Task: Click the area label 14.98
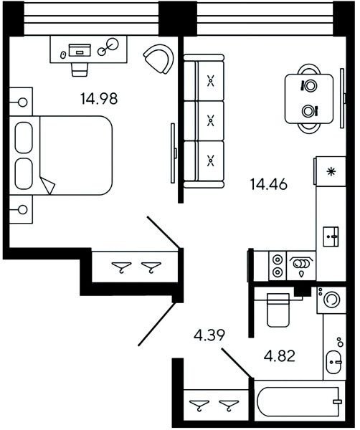pos(99,99)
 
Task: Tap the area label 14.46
pos(269,184)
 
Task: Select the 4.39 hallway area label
pos(209,335)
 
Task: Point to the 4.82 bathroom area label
pos(280,356)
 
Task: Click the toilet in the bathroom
pos(278,310)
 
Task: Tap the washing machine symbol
pos(331,300)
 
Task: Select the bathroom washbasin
pos(333,362)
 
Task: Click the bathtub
pos(299,401)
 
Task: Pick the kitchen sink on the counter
pos(331,236)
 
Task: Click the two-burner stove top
pos(278,265)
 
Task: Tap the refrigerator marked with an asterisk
pos(331,171)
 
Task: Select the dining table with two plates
pos(309,99)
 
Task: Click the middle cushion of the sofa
pos(210,120)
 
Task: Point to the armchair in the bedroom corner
pos(159,59)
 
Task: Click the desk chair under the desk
pos(80,70)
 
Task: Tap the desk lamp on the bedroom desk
pos(108,47)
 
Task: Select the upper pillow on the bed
pos(24,138)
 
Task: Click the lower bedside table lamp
pos(22,210)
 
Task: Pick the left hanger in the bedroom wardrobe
pos(122,267)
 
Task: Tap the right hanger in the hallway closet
pos(229,406)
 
